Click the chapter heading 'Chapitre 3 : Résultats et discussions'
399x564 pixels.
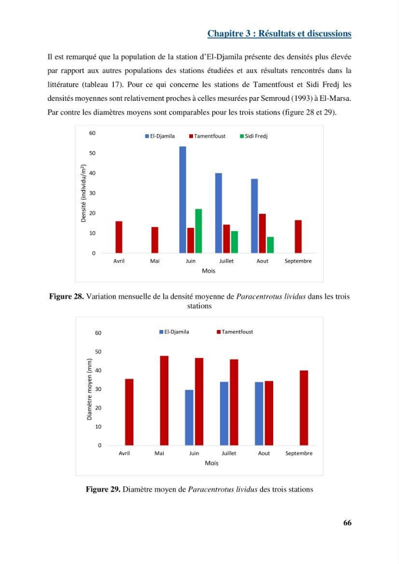click(279, 33)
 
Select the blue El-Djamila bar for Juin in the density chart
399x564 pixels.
click(183, 200)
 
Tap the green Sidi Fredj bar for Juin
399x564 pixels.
click(198, 231)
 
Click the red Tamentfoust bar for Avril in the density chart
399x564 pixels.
click(119, 237)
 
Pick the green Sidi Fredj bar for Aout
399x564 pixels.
click(270, 245)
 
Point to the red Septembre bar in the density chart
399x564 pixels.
click(298, 236)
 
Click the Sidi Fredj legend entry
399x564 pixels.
click(253, 136)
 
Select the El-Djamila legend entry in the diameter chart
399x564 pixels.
click(174, 332)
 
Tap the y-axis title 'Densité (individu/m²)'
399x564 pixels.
click(84, 193)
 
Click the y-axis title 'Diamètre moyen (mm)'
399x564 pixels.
click(90, 389)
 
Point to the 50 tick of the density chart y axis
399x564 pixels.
click(93, 153)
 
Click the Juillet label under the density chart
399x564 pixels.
click(226, 261)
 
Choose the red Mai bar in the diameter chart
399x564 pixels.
click(164, 400)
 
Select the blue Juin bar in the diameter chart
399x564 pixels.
click(189, 417)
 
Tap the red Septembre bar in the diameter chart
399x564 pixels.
click(304, 408)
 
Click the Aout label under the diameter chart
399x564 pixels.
click(264, 453)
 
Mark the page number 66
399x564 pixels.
click(347, 523)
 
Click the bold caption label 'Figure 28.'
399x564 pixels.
click(66, 297)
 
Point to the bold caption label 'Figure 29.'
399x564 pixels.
click(103, 489)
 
